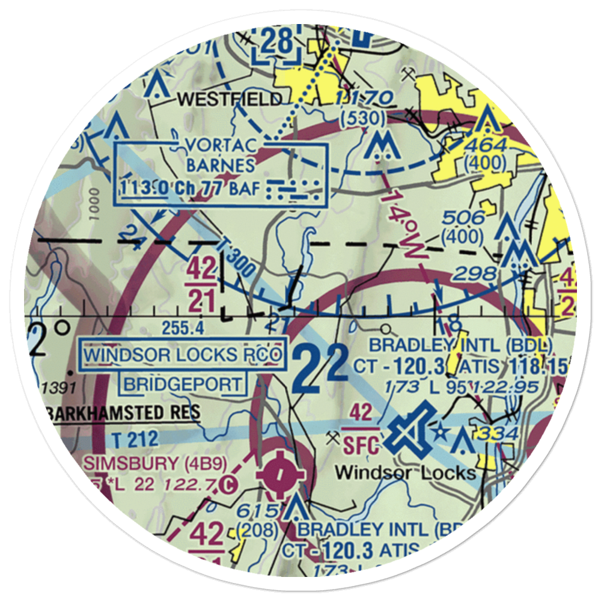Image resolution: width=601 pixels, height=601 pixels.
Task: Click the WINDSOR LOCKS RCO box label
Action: click(183, 355)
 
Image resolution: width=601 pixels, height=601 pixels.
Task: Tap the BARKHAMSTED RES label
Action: click(123, 413)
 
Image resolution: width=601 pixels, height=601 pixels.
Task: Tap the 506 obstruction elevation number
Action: click(466, 218)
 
